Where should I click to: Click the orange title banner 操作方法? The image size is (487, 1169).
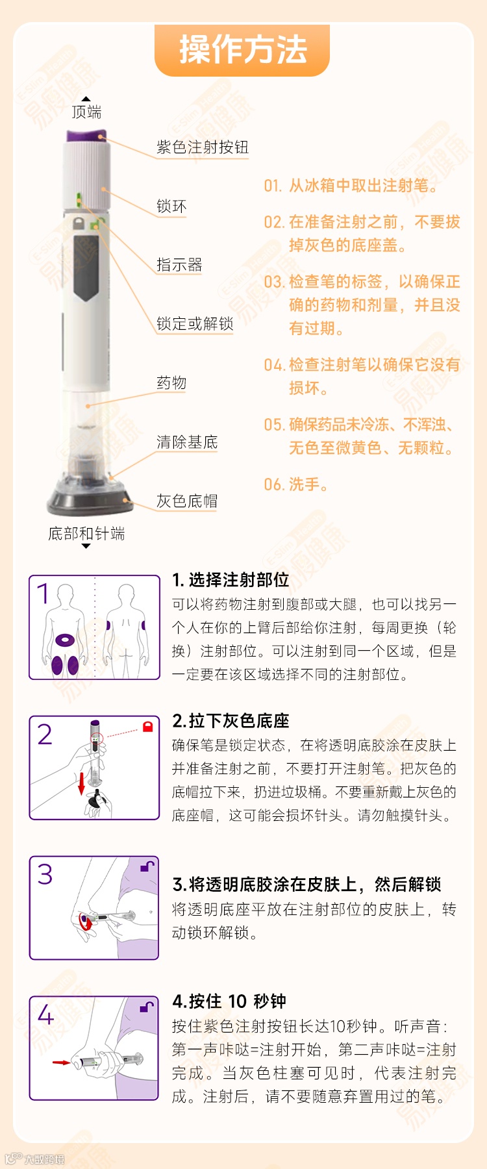[x=242, y=50]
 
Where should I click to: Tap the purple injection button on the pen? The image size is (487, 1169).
[x=86, y=135]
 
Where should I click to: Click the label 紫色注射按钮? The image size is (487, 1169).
[x=203, y=147]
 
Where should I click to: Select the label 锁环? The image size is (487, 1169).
[x=171, y=207]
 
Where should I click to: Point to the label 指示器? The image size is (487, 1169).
[x=179, y=265]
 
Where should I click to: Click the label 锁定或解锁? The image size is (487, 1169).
[x=195, y=323]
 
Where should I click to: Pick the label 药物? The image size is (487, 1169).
[x=171, y=383]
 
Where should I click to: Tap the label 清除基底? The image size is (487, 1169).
[x=187, y=442]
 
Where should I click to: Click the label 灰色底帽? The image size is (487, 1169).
[x=187, y=501]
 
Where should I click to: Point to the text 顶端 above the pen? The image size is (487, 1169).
[x=86, y=112]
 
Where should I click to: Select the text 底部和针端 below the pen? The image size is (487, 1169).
[x=86, y=533]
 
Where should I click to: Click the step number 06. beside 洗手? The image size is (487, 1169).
[x=273, y=484]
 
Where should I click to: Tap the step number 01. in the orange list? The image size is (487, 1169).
[x=273, y=186]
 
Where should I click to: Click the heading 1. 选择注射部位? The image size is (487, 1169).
[x=231, y=579]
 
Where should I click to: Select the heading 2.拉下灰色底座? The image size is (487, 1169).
[x=231, y=720]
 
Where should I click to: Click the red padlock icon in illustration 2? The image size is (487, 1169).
[x=147, y=726]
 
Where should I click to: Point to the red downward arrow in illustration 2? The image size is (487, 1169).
[x=82, y=783]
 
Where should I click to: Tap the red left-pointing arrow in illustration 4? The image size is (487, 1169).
[x=62, y=1063]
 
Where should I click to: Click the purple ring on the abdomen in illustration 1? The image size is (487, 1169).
[x=65, y=640]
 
